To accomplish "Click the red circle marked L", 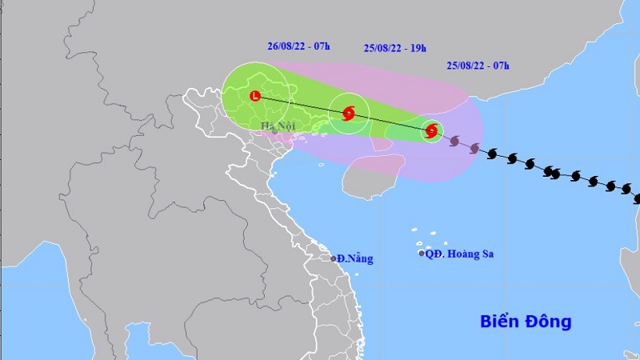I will (255, 96).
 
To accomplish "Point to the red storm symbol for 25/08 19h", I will (349, 113).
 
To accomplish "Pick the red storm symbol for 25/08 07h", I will (431, 130).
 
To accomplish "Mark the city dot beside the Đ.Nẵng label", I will (334, 258).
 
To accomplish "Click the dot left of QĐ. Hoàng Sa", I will (422, 254).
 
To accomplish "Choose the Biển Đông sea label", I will (526, 322).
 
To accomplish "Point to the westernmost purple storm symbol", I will (454, 142).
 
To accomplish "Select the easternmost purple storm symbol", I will (474, 148).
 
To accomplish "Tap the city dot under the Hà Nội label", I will (274, 131).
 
